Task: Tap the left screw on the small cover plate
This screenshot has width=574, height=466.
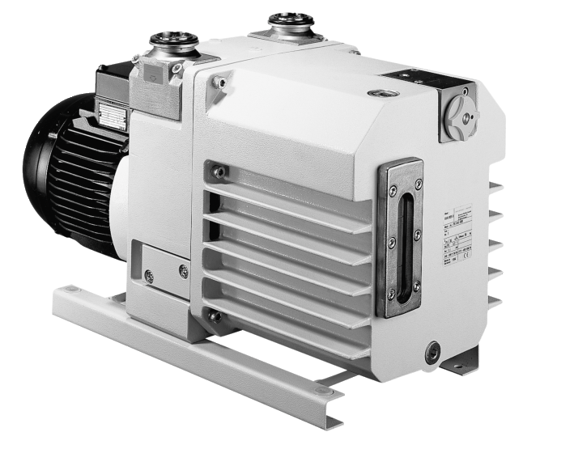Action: click(x=148, y=276)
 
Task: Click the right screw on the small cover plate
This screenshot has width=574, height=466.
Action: click(x=184, y=271)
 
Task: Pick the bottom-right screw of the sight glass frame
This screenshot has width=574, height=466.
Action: click(x=417, y=286)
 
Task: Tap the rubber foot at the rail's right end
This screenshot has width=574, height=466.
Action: click(x=323, y=392)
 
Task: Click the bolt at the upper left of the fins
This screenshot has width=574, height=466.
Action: click(x=217, y=172)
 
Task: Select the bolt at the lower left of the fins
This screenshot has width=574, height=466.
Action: click(x=215, y=316)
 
